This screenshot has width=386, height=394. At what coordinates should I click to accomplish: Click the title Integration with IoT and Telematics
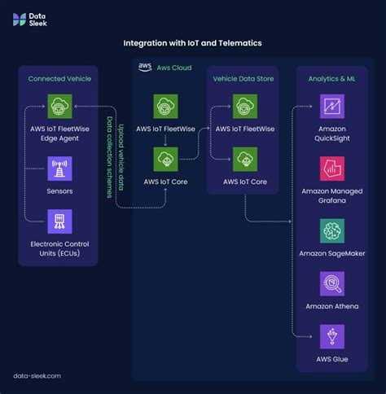192,42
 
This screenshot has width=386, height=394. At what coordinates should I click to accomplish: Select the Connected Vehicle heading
59,79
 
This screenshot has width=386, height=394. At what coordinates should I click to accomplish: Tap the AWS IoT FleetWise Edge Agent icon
59,106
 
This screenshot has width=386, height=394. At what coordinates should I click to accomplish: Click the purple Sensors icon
59,169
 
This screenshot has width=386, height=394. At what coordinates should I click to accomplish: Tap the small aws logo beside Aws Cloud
145,67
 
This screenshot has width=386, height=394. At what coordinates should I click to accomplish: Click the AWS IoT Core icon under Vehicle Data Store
245,159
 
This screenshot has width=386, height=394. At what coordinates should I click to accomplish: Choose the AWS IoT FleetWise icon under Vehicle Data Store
245,106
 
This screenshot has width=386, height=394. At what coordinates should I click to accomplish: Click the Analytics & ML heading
331,79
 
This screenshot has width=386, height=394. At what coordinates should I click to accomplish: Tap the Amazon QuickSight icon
331,106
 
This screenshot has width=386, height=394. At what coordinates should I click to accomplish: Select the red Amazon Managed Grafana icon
331,169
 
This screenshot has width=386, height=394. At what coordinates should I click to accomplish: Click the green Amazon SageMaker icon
331,231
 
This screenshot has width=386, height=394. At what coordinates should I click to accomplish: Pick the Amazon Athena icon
331,284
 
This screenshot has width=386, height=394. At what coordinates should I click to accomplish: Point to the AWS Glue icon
331,336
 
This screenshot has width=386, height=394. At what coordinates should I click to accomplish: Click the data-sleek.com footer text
37,376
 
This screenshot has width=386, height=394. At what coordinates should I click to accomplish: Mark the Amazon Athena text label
331,306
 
